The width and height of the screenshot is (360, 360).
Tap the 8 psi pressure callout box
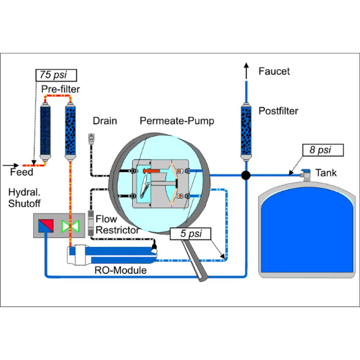coord(323,150)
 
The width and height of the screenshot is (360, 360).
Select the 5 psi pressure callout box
coord(190,234)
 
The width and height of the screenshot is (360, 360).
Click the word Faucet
coord(274,71)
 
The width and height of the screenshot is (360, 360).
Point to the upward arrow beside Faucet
coord(246,71)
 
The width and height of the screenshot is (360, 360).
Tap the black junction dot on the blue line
coord(246,175)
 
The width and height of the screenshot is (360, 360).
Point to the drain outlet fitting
coord(91,139)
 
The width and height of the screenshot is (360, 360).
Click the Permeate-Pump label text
coord(177,121)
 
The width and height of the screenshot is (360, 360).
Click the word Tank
coord(326,173)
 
